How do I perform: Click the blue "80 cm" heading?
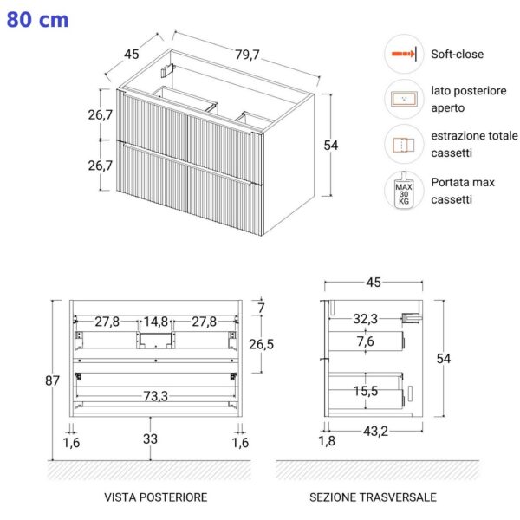[x=37, y=20]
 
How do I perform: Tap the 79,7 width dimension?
[x=247, y=55]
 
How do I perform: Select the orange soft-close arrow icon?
[x=404, y=54]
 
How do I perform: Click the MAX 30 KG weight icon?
[x=404, y=191]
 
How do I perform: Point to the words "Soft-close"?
[x=457, y=54]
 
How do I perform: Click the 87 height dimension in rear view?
[x=52, y=380]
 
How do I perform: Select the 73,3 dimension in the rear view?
[x=155, y=396]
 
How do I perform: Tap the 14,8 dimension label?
[x=156, y=322]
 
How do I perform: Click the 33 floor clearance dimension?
[x=150, y=439]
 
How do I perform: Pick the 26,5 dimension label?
[x=262, y=344]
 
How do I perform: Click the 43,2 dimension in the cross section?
[x=375, y=431]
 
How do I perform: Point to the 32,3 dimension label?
[x=365, y=319]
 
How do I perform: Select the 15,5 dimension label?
[x=366, y=391]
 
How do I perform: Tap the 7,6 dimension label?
[x=366, y=341]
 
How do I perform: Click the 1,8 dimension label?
[x=327, y=441]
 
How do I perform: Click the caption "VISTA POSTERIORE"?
[x=155, y=497]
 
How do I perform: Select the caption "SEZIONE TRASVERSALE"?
[x=373, y=497]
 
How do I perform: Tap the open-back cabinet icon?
[x=404, y=99]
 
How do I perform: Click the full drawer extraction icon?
[x=404, y=145]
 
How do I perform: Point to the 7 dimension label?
[x=262, y=308]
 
